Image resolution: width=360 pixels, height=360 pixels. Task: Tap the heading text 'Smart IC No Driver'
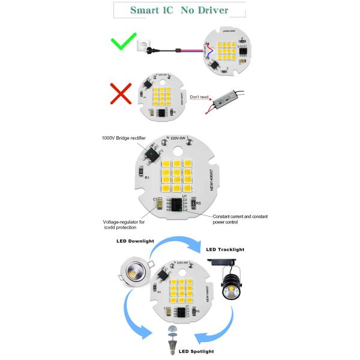point(179,10)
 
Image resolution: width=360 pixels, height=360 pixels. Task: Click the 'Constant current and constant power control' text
point(239,218)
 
